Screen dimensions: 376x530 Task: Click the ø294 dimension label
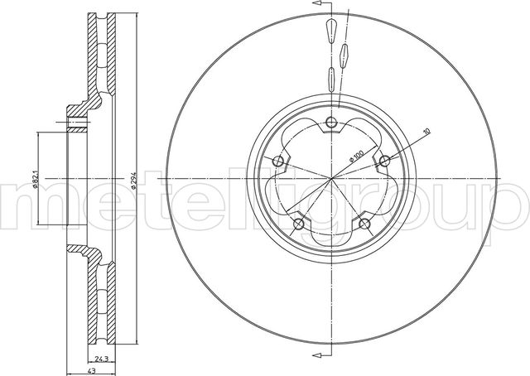click(x=133, y=178)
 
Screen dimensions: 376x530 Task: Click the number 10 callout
click(x=426, y=131)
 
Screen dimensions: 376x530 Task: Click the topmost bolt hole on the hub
click(x=331, y=123)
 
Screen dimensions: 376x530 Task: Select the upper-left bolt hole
click(x=278, y=161)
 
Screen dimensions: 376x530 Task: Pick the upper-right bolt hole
click(x=384, y=161)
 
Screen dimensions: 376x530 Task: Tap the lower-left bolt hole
click(x=299, y=224)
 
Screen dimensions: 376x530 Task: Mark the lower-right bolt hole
click(x=364, y=224)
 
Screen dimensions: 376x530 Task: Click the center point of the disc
click(x=331, y=178)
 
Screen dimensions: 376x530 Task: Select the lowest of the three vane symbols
click(x=331, y=78)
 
